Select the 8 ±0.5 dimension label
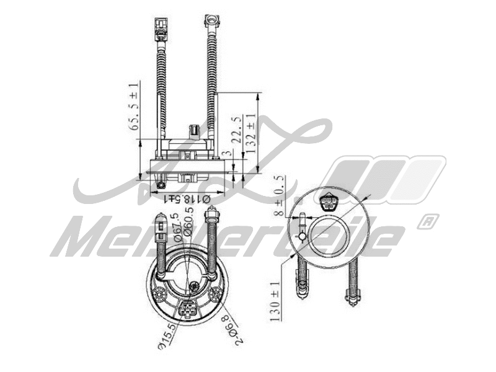[280, 195]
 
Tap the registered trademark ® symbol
[428, 220]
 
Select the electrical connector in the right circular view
[329, 201]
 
